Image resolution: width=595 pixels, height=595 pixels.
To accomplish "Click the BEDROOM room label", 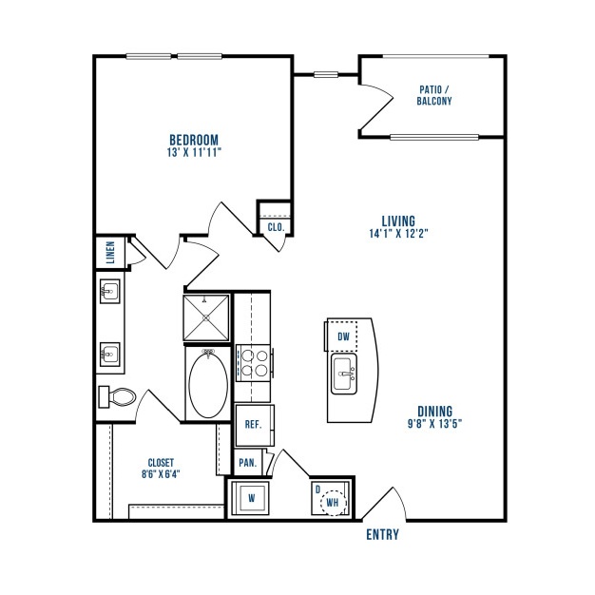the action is click(194, 140).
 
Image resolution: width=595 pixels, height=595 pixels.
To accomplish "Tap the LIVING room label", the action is click(398, 221).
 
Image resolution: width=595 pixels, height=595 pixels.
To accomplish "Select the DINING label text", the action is click(435, 412).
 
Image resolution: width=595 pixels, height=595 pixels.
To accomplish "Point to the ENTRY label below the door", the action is click(382, 535).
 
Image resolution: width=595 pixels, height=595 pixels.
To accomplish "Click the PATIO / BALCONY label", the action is click(434, 95).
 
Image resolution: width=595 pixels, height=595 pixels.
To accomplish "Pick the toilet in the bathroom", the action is click(117, 397).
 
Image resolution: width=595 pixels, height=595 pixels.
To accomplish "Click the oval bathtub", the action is click(208, 384).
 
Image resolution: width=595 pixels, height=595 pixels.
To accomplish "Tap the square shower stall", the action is click(206, 318).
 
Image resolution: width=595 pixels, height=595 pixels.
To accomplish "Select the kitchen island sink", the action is click(344, 374).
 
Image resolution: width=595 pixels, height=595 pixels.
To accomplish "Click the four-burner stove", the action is click(254, 363).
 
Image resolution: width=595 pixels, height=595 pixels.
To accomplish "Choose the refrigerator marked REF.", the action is click(254, 425).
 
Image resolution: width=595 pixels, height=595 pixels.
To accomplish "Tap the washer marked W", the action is click(250, 498).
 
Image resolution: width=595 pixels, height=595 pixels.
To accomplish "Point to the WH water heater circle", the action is click(333, 503).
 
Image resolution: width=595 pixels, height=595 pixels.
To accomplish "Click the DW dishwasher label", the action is click(343, 336).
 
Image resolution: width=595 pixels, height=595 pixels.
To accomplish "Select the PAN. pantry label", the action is click(248, 463).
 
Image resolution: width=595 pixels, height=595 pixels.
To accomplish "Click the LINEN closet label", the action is click(110, 252).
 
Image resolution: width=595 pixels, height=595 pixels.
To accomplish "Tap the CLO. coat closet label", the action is click(276, 227).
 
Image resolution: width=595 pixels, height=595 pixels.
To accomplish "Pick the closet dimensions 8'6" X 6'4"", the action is click(161, 474).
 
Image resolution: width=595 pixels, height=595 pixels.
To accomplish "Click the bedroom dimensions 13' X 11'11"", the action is click(194, 152).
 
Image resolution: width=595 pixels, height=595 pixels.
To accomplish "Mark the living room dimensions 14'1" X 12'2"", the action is click(398, 234).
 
